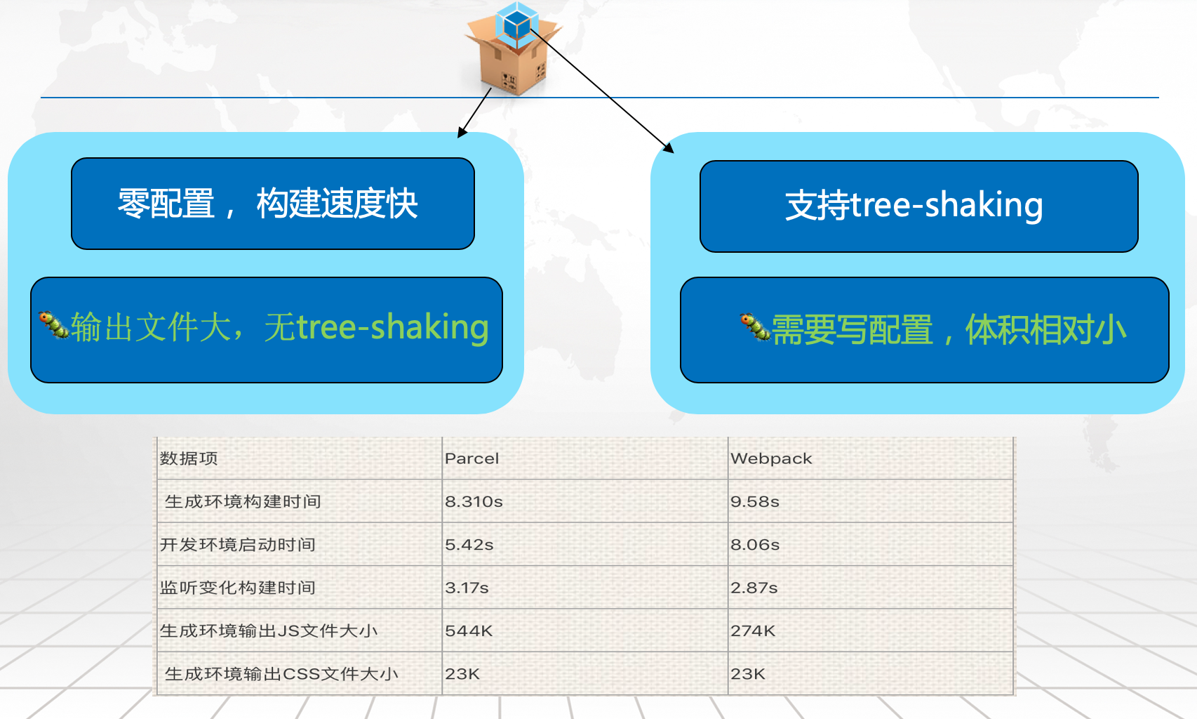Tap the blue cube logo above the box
tap(516, 23)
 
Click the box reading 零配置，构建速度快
tap(272, 203)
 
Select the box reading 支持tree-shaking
tap(918, 206)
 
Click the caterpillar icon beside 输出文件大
tap(53, 324)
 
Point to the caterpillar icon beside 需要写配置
tap(755, 326)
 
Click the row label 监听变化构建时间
tap(237, 588)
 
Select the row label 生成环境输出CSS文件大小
tap(281, 673)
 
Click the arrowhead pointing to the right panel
tap(669, 147)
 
